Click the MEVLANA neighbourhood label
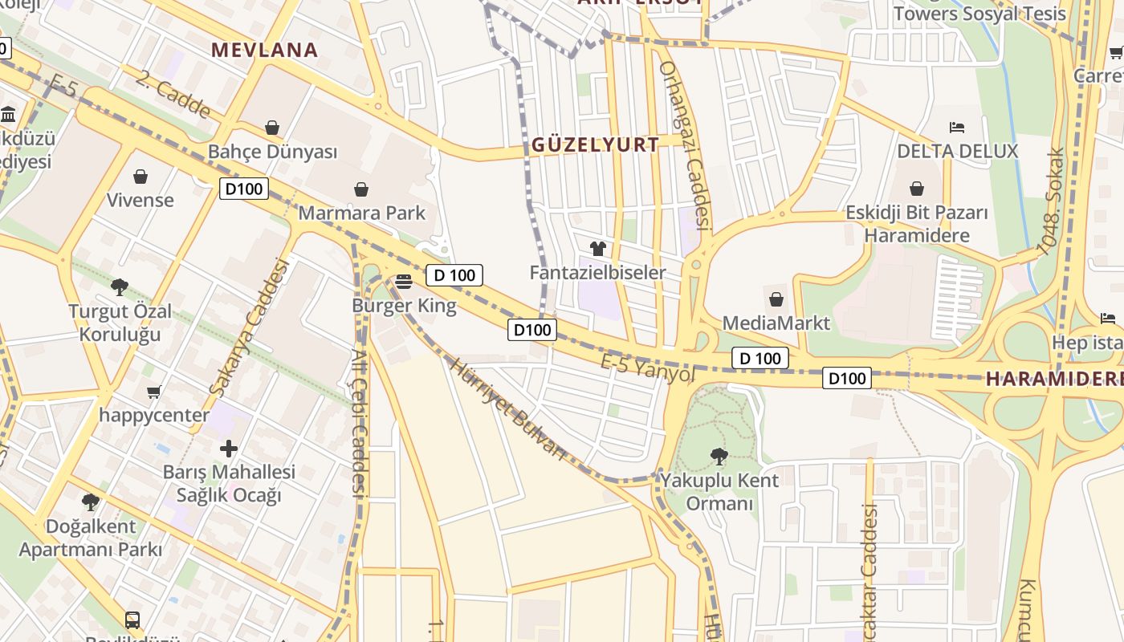click(x=264, y=50)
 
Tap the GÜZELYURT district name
click(x=595, y=145)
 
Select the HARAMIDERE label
click(x=1053, y=380)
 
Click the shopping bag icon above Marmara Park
click(x=361, y=189)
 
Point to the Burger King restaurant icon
click(x=404, y=281)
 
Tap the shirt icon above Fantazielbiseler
click(x=597, y=249)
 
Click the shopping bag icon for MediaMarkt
click(x=776, y=299)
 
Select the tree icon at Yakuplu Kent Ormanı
click(x=719, y=457)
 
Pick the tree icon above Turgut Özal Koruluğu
click(x=120, y=286)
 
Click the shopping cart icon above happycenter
click(x=153, y=392)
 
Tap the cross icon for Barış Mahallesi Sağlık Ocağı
click(x=229, y=448)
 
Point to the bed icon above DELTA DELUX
click(x=956, y=127)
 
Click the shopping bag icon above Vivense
click(x=140, y=176)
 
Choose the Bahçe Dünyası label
click(x=272, y=152)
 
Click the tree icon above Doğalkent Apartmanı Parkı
click(x=90, y=502)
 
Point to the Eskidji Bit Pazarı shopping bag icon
click(x=917, y=189)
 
